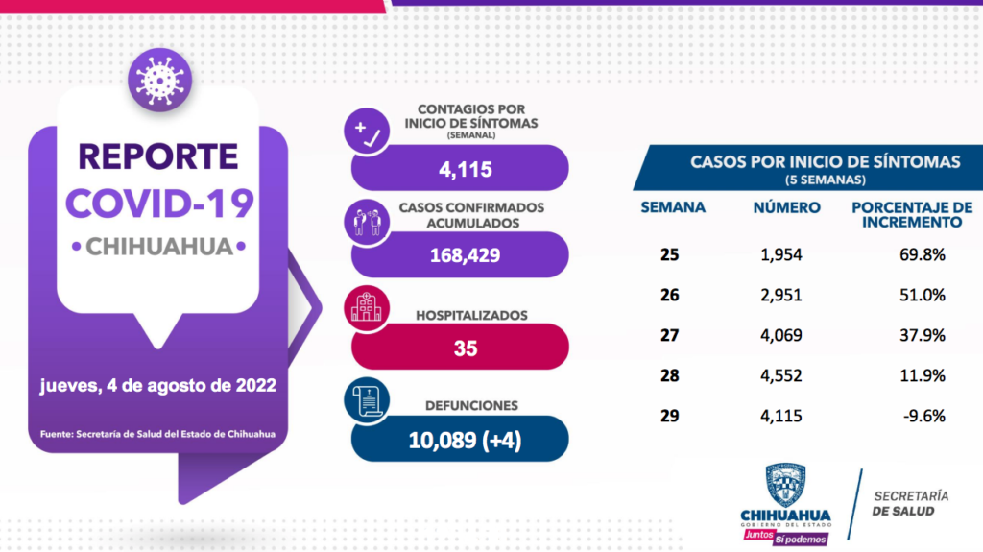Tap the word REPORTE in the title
tap(157, 156)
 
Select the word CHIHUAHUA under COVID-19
tap(159, 246)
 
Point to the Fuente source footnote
tap(157, 434)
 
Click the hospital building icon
tap(367, 307)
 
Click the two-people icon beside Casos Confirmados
tap(368, 220)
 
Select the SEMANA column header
tap(673, 206)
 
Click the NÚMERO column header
tap(787, 206)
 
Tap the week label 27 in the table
tap(670, 335)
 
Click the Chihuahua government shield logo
tap(785, 487)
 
